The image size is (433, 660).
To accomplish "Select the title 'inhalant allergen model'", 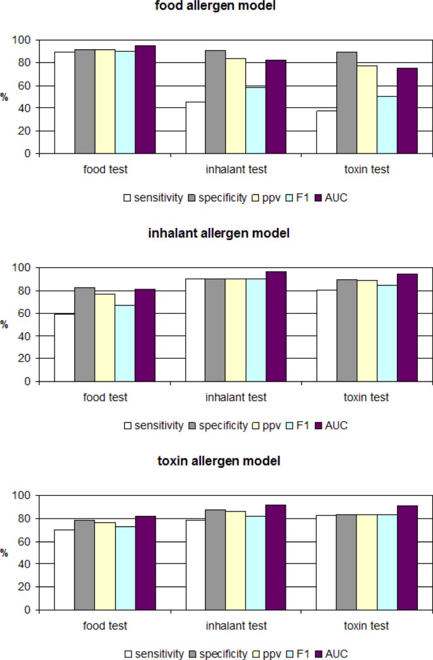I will click(218, 234).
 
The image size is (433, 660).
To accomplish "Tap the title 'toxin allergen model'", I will click(218, 462).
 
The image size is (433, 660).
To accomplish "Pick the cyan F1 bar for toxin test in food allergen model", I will click(387, 124).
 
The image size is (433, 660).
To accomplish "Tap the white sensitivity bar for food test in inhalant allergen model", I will click(64, 347).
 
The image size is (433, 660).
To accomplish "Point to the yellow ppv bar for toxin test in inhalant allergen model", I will click(367, 331).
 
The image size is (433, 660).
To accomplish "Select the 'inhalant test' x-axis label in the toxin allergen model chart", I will click(236, 626).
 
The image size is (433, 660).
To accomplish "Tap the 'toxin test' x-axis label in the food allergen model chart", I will click(367, 169).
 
